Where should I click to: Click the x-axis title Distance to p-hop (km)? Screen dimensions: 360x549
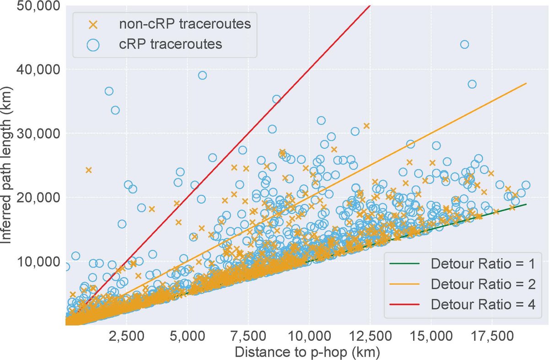(307, 352)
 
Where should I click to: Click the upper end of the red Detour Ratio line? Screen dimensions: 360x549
(369, 5)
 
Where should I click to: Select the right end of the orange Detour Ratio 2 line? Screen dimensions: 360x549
(526, 83)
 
